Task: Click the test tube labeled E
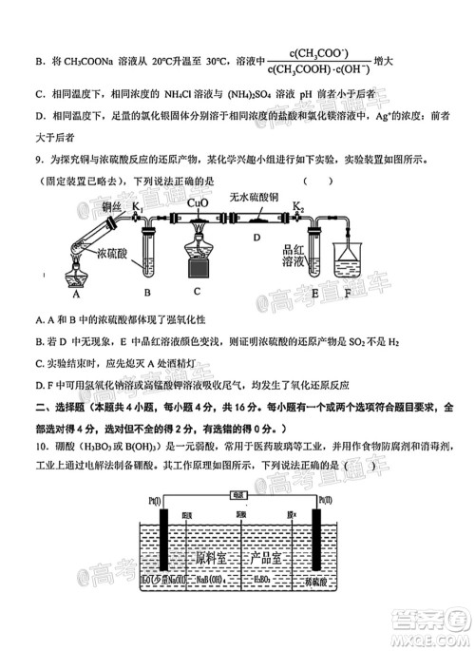click(x=317, y=255)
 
